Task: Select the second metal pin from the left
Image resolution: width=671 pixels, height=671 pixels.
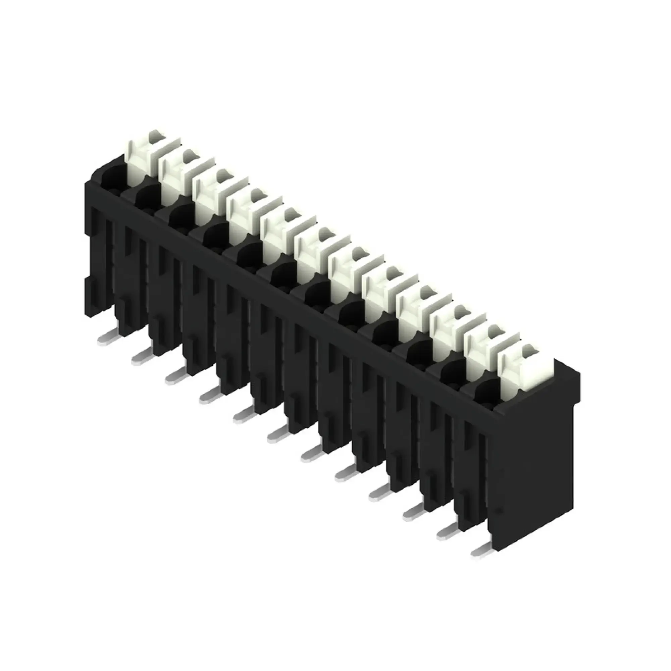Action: tap(141, 356)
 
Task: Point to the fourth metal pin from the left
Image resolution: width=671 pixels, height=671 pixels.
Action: tap(209, 395)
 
